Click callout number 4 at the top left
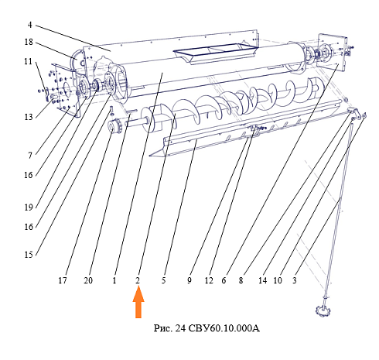(30, 25)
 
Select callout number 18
(29, 42)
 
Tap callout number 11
(29, 62)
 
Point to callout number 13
(29, 117)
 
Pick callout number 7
(30, 155)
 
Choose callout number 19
(29, 207)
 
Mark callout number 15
(29, 255)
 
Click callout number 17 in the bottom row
(63, 280)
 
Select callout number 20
(88, 280)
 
